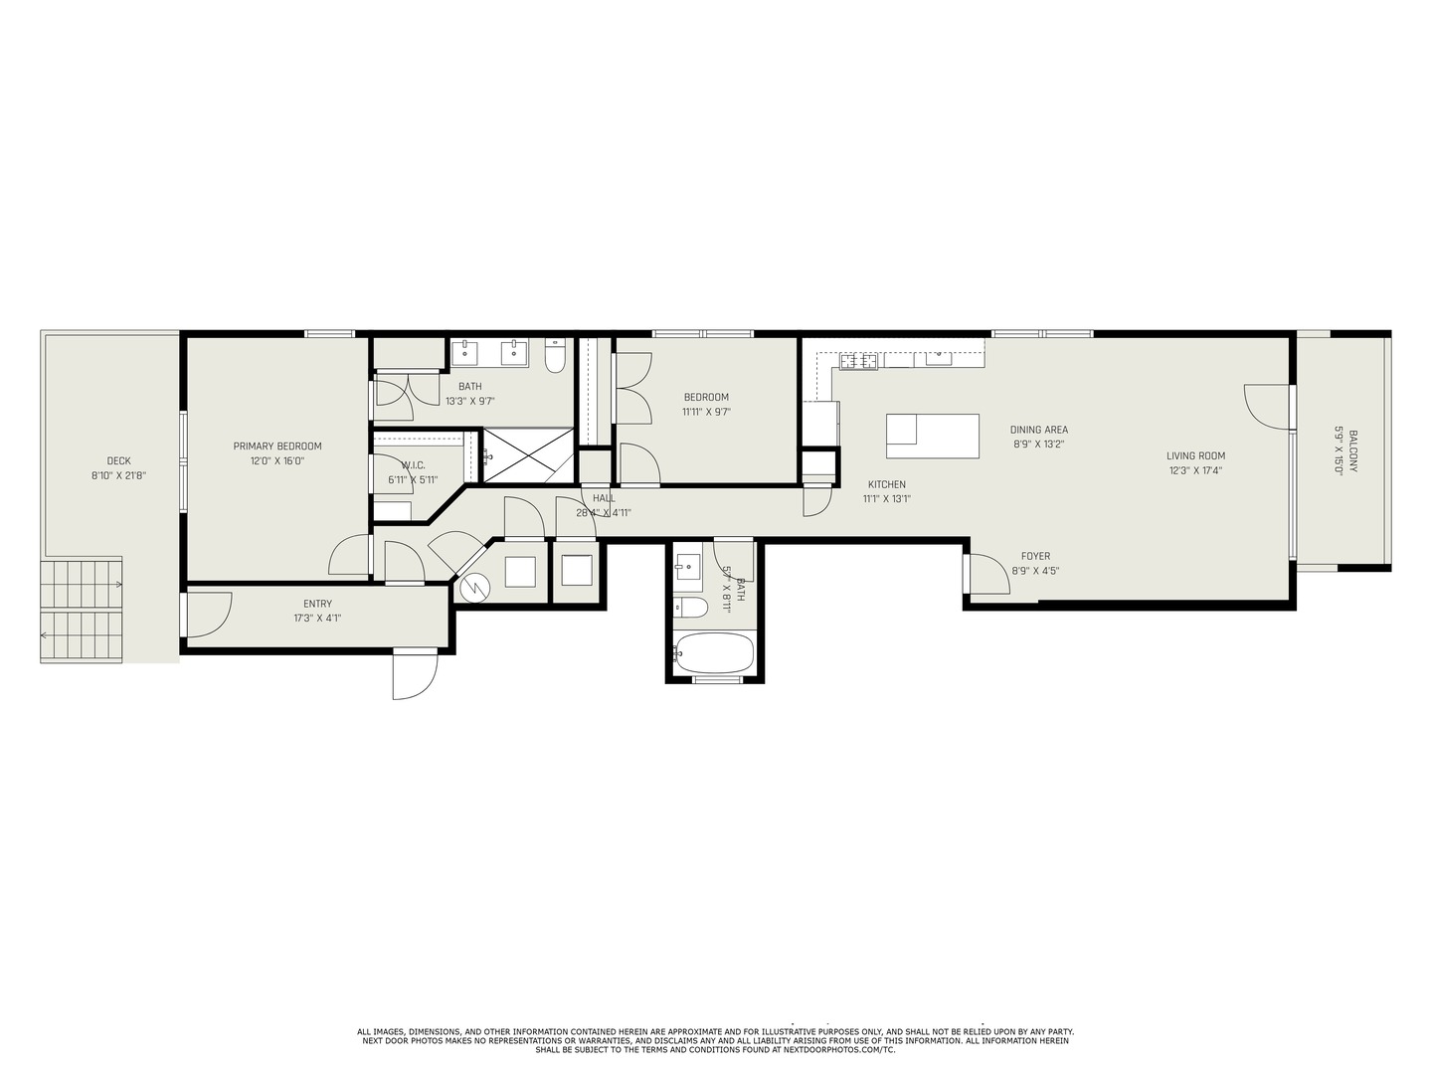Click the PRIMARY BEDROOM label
277,447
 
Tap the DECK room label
118,460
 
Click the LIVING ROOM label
1195,456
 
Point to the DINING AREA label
1038,431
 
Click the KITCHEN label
886,484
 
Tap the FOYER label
1035,557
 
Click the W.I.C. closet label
414,465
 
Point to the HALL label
604,498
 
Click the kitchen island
932,436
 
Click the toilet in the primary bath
555,355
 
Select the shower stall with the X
528,456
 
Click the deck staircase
82,612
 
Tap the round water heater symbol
475,588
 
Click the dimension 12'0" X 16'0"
277,461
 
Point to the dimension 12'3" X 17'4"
1195,471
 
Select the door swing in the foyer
988,573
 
